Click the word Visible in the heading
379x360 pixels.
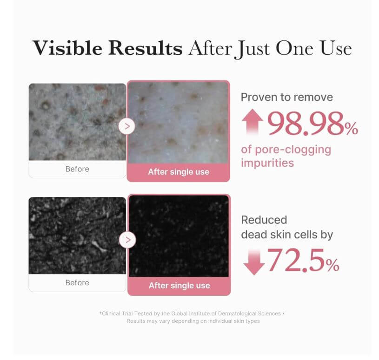pos(67,48)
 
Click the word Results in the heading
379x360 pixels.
pos(145,48)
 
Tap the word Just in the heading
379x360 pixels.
pos(252,49)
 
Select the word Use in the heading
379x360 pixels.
pos(336,48)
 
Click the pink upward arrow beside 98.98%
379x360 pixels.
pos(253,122)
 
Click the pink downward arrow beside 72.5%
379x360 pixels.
pos(254,262)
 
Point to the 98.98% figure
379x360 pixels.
pos(313,124)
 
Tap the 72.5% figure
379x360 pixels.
pos(303,261)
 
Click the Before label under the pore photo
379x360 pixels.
pos(77,169)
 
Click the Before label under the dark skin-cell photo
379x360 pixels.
pos(77,282)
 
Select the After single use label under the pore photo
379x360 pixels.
pos(179,172)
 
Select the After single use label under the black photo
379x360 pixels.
pos(180,286)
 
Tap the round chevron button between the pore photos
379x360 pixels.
pos(127,126)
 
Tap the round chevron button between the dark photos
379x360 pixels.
pos(127,240)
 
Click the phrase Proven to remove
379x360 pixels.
pos(286,97)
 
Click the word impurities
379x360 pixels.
pos(267,163)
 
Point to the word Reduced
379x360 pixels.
pos(264,220)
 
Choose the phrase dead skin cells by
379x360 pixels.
pos(287,235)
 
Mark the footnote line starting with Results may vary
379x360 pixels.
pos(193,321)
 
